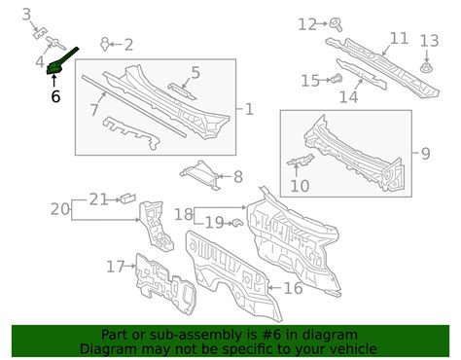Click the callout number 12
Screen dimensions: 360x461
point(306,24)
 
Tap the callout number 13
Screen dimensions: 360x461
point(429,41)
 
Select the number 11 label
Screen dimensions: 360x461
point(399,39)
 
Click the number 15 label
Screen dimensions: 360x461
point(309,80)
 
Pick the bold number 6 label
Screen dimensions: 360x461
point(54,96)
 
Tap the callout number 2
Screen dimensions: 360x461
point(127,44)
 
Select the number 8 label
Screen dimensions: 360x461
point(237,177)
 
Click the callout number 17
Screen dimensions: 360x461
point(116,267)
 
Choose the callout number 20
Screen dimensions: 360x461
point(59,207)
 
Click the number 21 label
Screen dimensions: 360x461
point(98,199)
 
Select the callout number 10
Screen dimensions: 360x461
point(299,185)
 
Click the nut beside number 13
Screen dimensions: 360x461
point(428,68)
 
